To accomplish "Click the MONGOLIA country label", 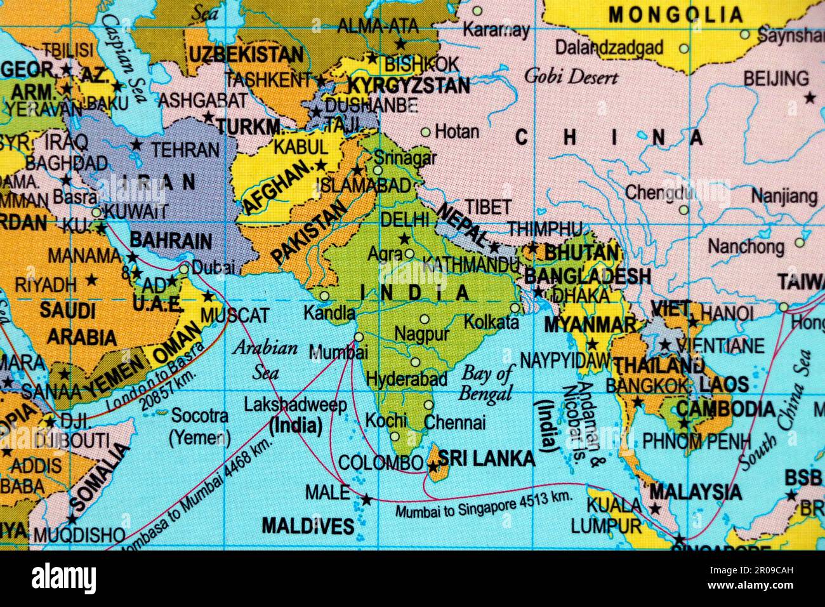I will tap(675, 14).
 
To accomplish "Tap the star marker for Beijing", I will tap(810, 98).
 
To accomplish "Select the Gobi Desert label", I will tap(571, 77).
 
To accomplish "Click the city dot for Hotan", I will tap(426, 133).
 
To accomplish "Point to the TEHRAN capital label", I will tap(185, 150).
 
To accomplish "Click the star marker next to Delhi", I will tap(404, 239).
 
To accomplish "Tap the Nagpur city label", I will tap(422, 334).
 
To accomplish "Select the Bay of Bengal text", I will tap(487, 383).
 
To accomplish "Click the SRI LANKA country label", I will tap(487, 458).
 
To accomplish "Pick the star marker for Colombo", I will tap(433, 468).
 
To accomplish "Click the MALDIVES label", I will tap(308, 526).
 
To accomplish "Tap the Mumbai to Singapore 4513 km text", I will tap(484, 505).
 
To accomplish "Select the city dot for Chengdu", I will tap(683, 209).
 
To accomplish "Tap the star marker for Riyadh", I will tap(92, 279).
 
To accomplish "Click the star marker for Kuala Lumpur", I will tap(654, 509).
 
